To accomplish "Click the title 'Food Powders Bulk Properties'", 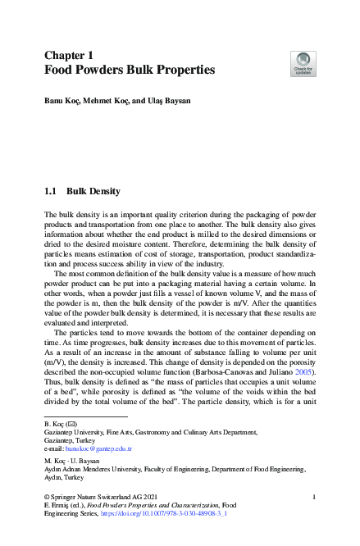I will click(129, 71).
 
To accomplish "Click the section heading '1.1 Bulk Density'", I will click(82, 192).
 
